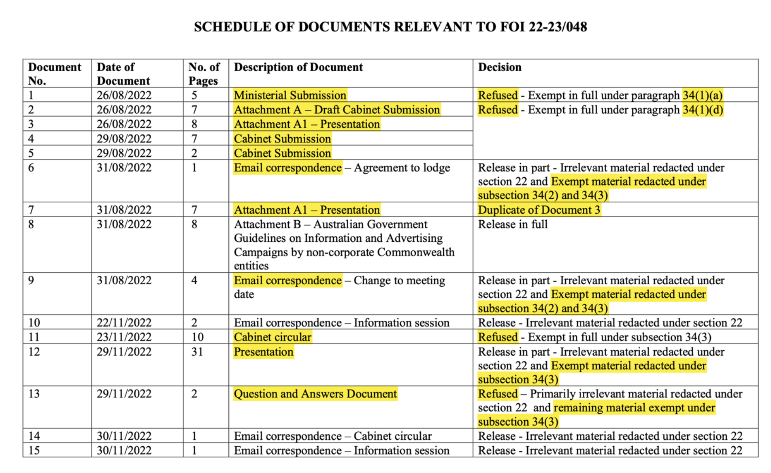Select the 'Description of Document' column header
tap(298, 67)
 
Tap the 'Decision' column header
tap(500, 67)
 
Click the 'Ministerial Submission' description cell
tap(290, 95)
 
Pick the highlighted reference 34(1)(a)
tap(703, 95)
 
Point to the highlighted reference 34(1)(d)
tap(703, 110)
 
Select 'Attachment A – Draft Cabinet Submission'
tap(337, 110)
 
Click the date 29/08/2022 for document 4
tap(124, 139)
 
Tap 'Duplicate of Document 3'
tap(539, 210)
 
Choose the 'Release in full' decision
tap(513, 224)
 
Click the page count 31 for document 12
tap(197, 352)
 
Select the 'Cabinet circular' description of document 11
tap(273, 337)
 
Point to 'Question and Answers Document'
tap(315, 394)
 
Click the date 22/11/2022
tap(124, 323)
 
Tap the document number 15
tap(34, 450)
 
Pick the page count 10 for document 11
tap(198, 337)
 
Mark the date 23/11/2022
tap(124, 337)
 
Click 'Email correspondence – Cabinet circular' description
tap(333, 436)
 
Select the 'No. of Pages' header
tap(204, 74)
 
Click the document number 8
tap(31, 224)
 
